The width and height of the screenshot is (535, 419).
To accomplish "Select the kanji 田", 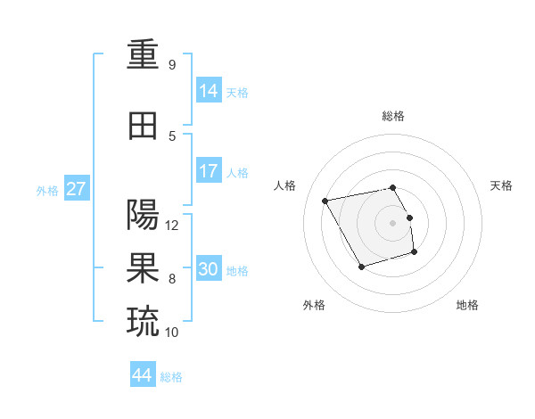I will pyautogui.click(x=144, y=126).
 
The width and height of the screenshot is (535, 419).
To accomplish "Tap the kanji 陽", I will pyautogui.click(x=144, y=215).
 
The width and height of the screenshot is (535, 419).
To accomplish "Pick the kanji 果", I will pyautogui.click(x=144, y=268).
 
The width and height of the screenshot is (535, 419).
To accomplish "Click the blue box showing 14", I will pyautogui.click(x=209, y=90).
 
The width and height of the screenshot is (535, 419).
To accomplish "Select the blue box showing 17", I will pyautogui.click(x=209, y=171).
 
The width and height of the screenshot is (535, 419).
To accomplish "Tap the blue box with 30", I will pyautogui.click(x=209, y=269).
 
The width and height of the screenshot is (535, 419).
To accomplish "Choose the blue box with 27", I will pyautogui.click(x=76, y=189).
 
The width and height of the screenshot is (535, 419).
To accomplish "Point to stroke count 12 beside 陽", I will pyautogui.click(x=172, y=226).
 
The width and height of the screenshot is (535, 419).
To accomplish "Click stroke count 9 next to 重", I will pyautogui.click(x=171, y=65).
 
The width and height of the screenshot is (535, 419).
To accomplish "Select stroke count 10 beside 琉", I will pyautogui.click(x=172, y=333).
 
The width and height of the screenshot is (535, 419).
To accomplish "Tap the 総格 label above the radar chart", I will pyautogui.click(x=392, y=116).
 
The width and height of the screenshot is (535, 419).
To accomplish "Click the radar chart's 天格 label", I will pyautogui.click(x=501, y=185).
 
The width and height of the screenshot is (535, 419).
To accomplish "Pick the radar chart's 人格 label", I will pyautogui.click(x=284, y=185).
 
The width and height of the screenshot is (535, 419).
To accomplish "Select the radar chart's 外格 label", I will pyautogui.click(x=314, y=305).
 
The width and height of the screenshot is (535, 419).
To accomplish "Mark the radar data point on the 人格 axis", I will pyautogui.click(x=325, y=201).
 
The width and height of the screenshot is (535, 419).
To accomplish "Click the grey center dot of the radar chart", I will pyautogui.click(x=392, y=222).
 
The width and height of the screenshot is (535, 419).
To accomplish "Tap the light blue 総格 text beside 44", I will pyautogui.click(x=171, y=377).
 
